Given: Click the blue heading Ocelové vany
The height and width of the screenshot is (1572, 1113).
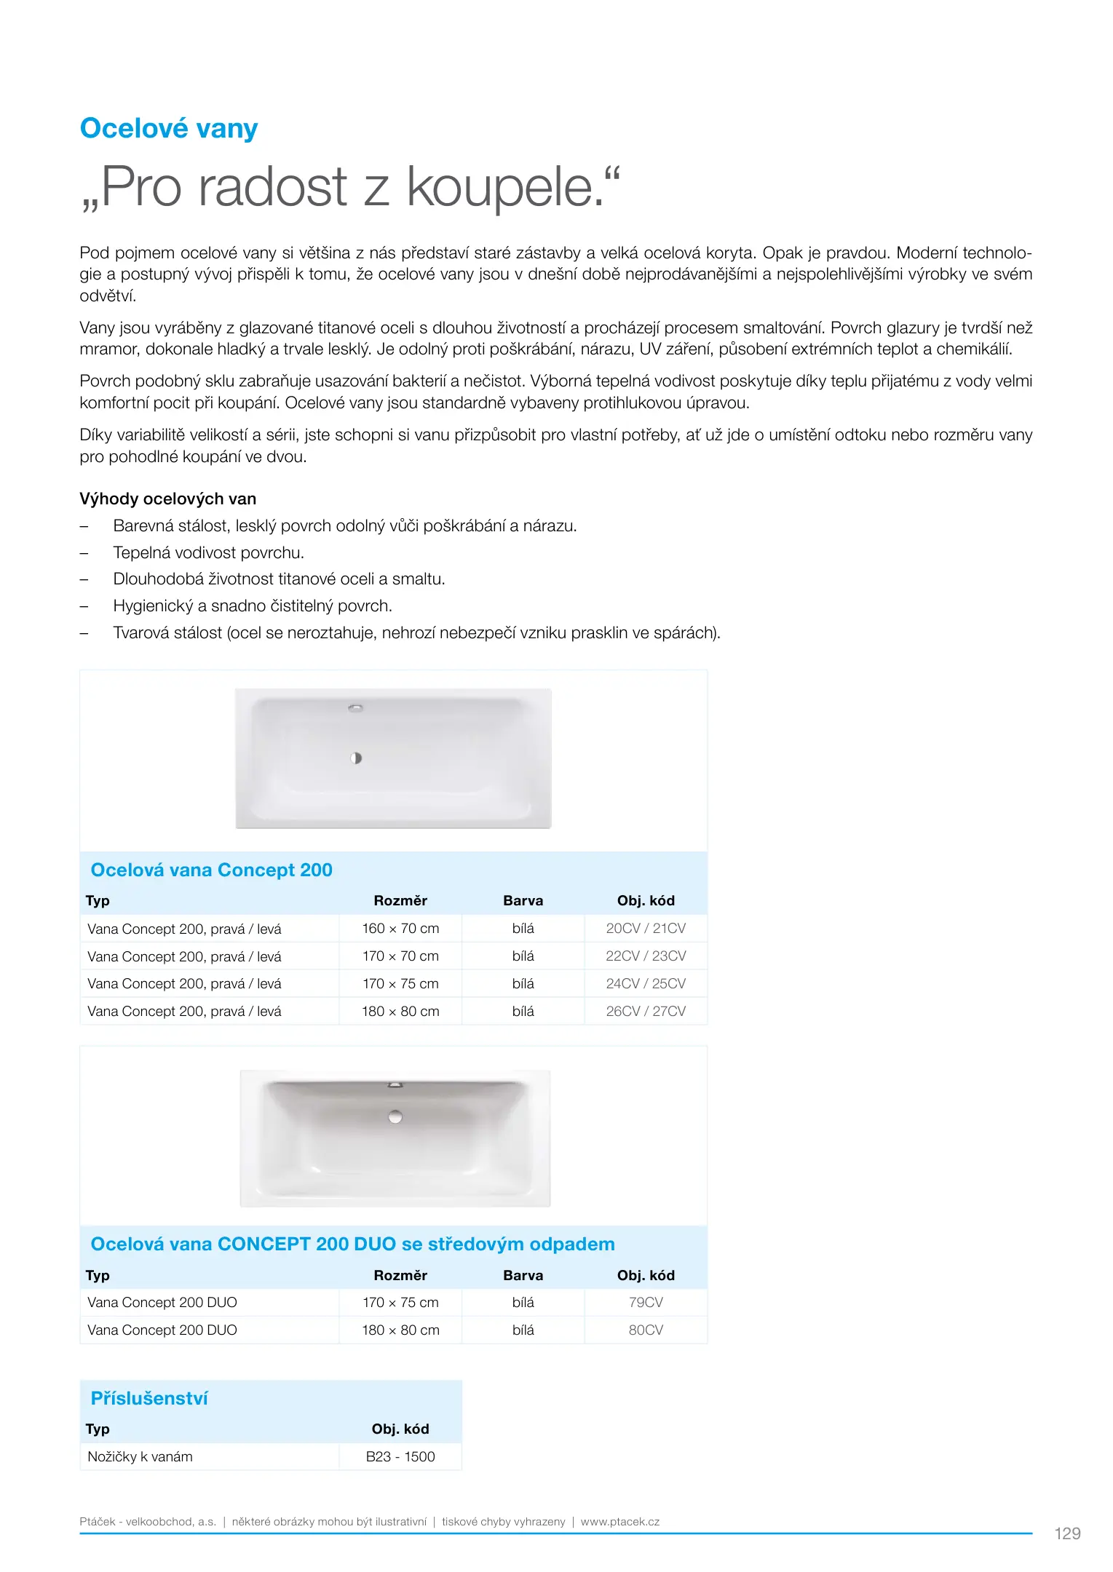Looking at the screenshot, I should point(169,129).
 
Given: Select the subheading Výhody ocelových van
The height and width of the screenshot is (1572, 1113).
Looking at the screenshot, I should point(167,499).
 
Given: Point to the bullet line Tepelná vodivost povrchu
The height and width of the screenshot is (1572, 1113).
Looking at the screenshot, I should point(208,552).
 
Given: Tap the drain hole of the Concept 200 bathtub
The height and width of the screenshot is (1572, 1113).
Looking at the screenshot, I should point(356,758).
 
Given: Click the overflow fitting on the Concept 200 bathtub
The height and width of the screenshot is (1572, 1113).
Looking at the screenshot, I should point(355,707).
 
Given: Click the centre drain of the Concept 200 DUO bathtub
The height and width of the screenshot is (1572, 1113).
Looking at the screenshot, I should point(395,1116).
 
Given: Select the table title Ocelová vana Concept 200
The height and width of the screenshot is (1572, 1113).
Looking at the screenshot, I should point(211,870).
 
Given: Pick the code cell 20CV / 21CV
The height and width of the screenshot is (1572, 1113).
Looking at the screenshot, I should point(646,928).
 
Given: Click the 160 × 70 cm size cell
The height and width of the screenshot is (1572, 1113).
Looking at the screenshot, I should point(400,928).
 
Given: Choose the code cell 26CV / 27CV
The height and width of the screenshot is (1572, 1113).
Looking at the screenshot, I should point(646,1011).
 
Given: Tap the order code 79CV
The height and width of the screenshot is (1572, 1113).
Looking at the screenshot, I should point(646,1302).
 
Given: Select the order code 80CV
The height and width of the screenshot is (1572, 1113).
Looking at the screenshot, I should point(646,1330).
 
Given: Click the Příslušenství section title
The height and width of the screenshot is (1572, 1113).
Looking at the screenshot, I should point(149,1398).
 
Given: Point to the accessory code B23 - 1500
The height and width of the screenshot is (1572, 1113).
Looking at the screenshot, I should point(400,1456).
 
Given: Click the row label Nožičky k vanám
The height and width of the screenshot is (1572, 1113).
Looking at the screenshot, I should point(140,1456).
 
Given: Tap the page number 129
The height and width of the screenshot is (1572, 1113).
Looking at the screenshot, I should point(1067,1533).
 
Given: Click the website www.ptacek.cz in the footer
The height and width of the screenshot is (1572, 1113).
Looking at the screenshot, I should point(620,1521).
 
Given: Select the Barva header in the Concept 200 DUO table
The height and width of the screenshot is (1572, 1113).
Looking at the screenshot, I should point(523,1275).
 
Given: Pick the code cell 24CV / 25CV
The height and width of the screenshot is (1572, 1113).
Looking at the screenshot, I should point(646,983).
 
